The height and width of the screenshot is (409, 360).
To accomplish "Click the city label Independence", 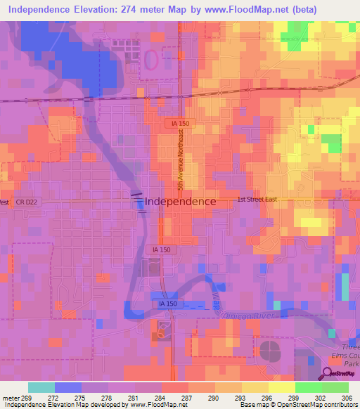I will pyautogui.click(x=181, y=201).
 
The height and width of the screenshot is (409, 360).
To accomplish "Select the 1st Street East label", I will pyautogui.click(x=257, y=200).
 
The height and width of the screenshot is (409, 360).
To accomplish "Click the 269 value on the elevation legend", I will pyautogui.click(x=29, y=398).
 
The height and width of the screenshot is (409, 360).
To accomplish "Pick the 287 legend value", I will pyautogui.click(x=186, y=398).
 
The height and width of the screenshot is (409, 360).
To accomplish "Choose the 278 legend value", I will pyautogui.click(x=107, y=398).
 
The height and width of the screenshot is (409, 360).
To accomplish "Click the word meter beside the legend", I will pyautogui.click(x=12, y=398).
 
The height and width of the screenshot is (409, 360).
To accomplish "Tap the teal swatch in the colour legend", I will pyautogui.click(x=41, y=387).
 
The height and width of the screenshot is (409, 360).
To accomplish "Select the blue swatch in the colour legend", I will pyautogui.click(x=68, y=387).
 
